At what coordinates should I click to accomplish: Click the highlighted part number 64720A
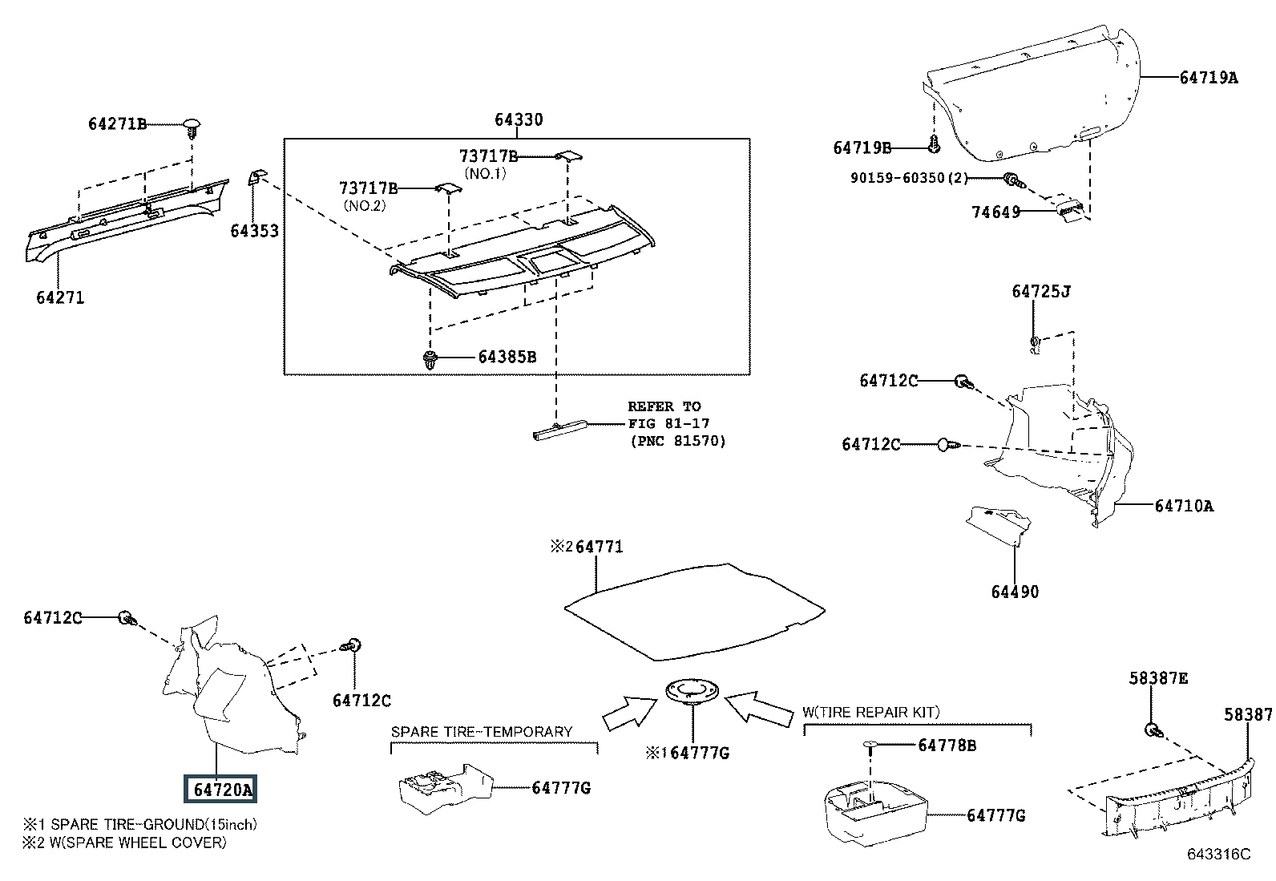click(222, 790)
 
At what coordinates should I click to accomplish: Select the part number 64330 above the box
click(519, 119)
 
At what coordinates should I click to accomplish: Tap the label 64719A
click(1208, 78)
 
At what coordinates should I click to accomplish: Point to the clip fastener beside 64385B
click(430, 360)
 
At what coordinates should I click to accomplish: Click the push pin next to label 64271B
click(192, 128)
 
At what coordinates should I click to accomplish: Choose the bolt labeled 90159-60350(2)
click(1013, 180)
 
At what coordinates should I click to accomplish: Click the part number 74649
click(995, 212)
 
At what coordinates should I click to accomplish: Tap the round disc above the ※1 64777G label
click(693, 692)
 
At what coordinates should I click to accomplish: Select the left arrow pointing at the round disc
click(630, 713)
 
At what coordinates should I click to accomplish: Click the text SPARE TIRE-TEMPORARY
click(482, 732)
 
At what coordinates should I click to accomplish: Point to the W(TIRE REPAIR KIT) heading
click(871, 713)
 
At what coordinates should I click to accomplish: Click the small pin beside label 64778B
click(871, 746)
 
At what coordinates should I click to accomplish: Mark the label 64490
click(1015, 592)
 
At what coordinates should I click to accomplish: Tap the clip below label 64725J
click(1035, 345)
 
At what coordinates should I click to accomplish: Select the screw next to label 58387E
click(1153, 730)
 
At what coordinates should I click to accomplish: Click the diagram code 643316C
click(1219, 855)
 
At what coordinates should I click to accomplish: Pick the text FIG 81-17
click(668, 424)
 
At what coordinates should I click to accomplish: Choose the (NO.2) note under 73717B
click(365, 206)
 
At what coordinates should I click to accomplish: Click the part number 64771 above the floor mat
click(600, 547)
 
